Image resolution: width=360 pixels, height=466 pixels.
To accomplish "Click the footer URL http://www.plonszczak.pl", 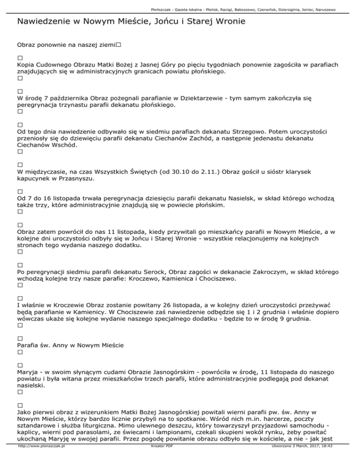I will [x=41, y=460].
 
